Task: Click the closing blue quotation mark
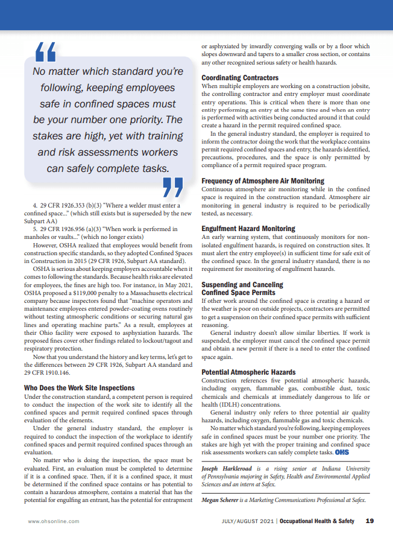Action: tap(173, 187)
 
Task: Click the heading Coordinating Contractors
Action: tap(240, 78)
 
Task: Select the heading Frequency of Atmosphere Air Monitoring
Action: tap(263, 180)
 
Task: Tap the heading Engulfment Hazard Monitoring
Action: tap(248, 229)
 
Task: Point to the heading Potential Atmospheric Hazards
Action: tap(248, 372)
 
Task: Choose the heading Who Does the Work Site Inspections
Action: tap(80, 387)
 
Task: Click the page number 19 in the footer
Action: tap(369, 521)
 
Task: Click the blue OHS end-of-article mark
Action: tap(342, 452)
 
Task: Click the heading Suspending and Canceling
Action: tap(242, 284)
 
